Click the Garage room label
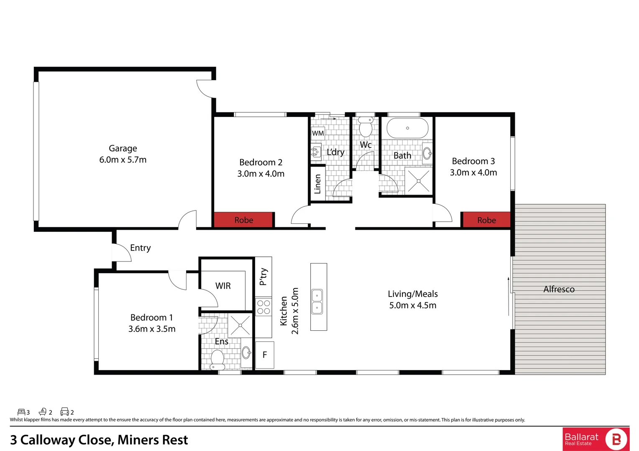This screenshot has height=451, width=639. click(123, 149)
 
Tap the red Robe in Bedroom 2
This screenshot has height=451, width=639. click(243, 220)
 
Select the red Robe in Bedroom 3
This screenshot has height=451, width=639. click(486, 220)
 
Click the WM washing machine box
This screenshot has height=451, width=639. click(318, 133)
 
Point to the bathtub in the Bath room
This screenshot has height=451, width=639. click(407, 128)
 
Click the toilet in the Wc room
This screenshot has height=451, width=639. click(366, 127)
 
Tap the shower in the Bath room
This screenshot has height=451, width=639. click(419, 181)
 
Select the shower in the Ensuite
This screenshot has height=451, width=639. click(240, 325)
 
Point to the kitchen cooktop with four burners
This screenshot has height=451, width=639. click(263, 307)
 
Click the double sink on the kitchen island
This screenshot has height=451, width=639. click(317, 302)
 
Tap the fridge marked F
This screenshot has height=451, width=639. click(265, 355)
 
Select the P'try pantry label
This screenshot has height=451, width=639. click(263, 276)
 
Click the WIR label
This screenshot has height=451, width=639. click(223, 286)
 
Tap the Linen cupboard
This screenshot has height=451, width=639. click(317, 184)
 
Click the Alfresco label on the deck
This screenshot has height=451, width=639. click(559, 289)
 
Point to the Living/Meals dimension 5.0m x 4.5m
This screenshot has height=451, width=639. click(413, 305)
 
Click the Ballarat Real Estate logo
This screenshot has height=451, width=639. click(596, 439)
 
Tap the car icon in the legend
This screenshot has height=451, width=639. click(64, 412)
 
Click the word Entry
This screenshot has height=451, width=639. click(141, 248)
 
